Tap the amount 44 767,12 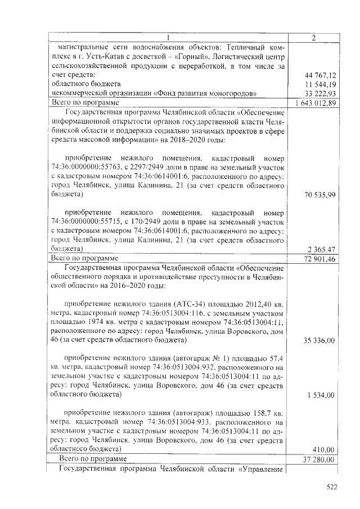[320, 75]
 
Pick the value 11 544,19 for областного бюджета [320, 84]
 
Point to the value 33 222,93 [320, 93]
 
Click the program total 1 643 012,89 [316, 103]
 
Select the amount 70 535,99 [320, 195]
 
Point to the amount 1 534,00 [322, 395]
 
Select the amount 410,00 [325, 449]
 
